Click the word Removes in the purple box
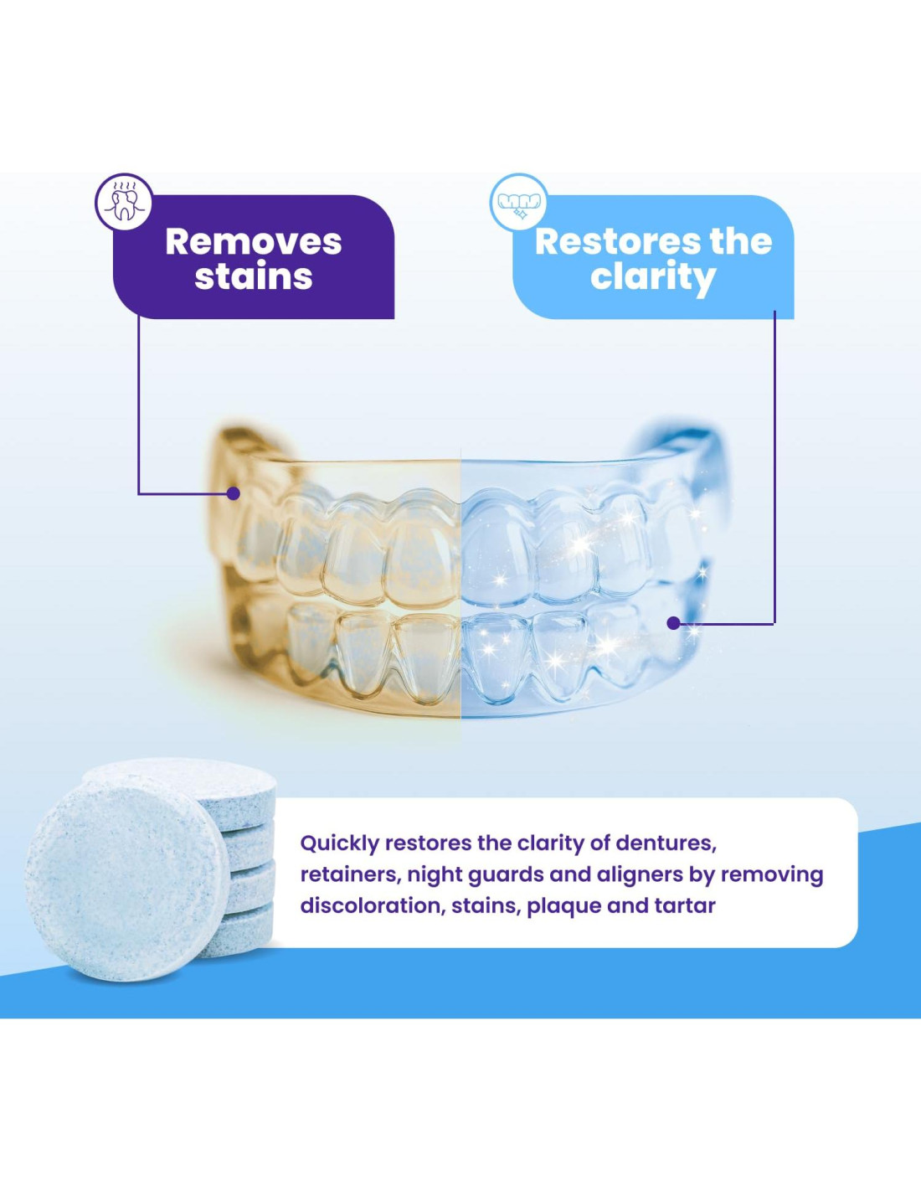[254, 242]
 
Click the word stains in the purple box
[254, 276]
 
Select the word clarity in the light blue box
[653, 278]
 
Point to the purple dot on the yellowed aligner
[234, 493]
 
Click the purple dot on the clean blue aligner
[674, 623]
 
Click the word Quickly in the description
[340, 843]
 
